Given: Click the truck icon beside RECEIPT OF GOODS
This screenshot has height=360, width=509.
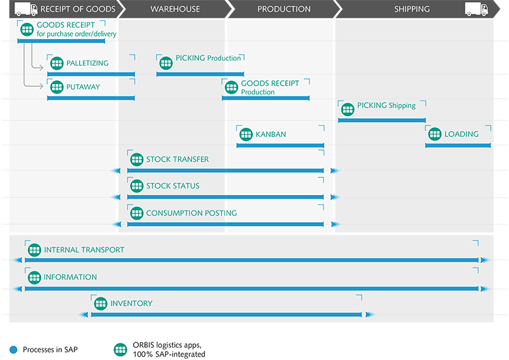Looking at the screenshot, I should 25,9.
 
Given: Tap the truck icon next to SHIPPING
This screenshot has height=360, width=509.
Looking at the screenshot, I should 476,9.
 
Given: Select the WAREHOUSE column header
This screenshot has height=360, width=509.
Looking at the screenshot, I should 175,9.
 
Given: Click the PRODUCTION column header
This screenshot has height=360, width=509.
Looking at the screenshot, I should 284,9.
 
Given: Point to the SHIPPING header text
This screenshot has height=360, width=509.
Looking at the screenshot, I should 412,9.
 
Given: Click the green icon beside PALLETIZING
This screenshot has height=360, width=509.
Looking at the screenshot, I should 56,63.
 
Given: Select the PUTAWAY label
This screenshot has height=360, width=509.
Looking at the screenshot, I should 84,86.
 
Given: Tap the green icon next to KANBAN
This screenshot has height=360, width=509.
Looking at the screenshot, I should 245,134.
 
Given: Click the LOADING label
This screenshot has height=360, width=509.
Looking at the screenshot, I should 461,134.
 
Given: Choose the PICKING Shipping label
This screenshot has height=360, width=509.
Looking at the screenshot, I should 386,106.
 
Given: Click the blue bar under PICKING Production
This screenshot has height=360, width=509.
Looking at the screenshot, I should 200,74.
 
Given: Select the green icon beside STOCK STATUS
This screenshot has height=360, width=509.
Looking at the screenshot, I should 136,186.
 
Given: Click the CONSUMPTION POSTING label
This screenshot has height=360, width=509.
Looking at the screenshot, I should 191,213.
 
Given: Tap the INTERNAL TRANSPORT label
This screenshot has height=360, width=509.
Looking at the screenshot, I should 84,250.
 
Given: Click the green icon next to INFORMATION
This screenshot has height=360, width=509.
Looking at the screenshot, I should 34,277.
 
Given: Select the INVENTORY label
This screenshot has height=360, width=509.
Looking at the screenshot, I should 131,303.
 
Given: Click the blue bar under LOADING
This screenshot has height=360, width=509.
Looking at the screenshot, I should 457,145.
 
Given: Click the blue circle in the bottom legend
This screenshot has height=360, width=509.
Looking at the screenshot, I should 13,350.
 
